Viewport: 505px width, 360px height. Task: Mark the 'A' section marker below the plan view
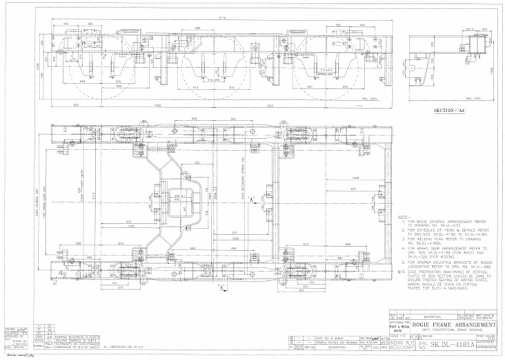[x=223, y=288]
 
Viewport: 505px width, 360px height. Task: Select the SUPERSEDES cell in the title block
[x=489, y=344]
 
